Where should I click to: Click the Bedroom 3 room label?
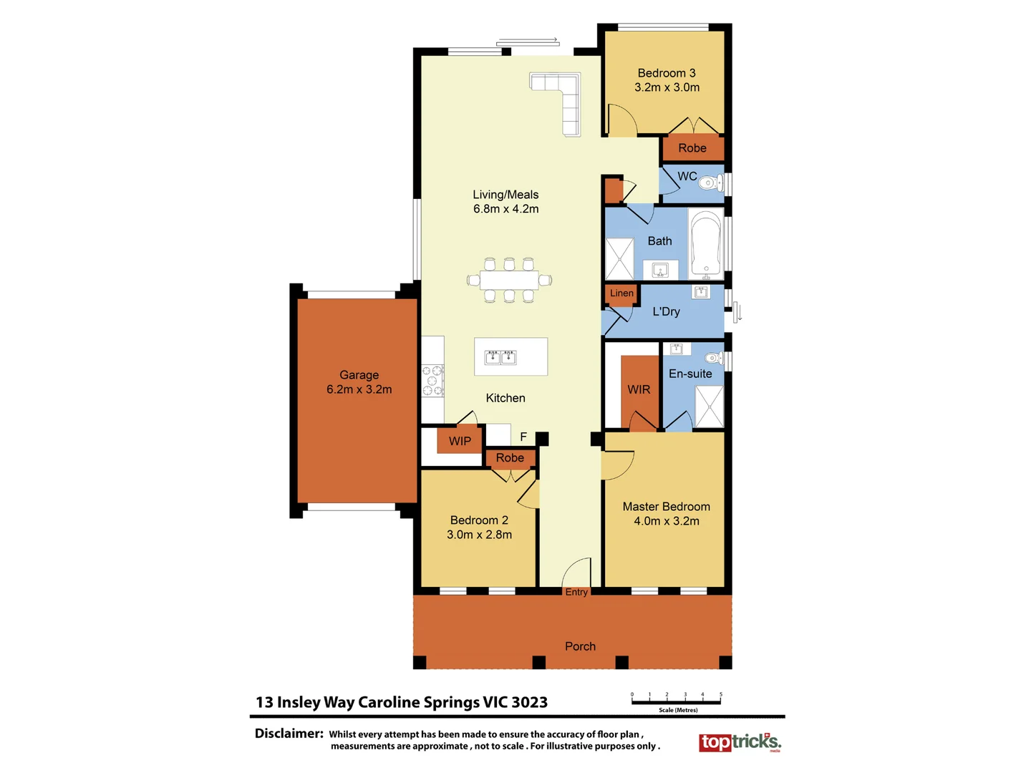pos(667,73)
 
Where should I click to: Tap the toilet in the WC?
pos(711,183)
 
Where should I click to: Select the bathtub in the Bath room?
pos(706,243)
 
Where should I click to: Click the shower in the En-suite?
pos(709,407)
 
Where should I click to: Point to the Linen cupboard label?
pos(621,293)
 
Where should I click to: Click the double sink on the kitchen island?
pos(500,357)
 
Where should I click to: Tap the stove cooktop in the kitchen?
pos(432,381)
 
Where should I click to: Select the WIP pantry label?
pos(460,441)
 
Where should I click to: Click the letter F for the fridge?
pos(523,437)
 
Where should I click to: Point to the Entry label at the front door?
pos(576,592)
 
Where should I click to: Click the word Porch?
pos(580,646)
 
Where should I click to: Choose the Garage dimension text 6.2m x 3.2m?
pos(359,389)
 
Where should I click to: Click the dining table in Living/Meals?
pos(509,279)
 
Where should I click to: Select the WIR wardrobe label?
pos(639,389)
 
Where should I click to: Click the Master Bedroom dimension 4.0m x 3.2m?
pos(666,521)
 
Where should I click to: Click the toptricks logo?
pos(740,742)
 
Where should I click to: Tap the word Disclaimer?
pos(289,734)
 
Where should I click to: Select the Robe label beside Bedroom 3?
pos(692,148)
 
